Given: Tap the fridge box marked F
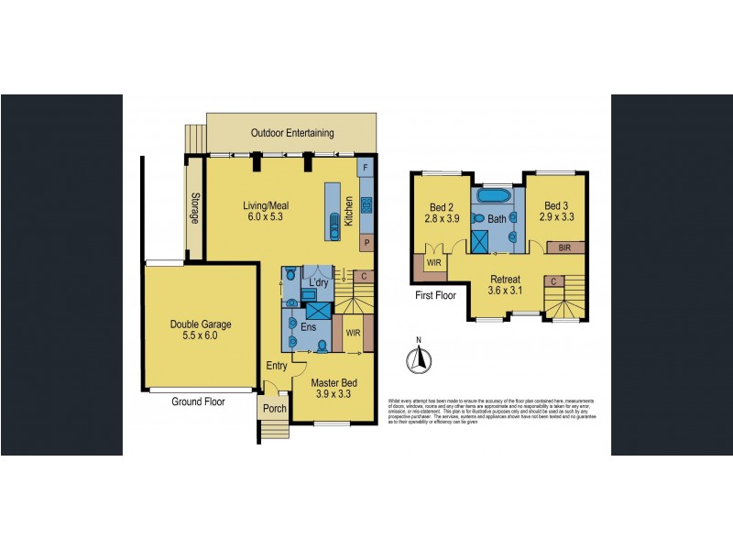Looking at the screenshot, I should point(366,169).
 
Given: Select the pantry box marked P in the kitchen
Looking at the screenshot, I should point(366,244).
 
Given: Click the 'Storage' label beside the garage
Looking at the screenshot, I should point(194,208).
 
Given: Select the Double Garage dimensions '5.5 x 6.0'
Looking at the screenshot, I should point(200,336).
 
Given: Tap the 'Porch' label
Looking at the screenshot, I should point(274,409).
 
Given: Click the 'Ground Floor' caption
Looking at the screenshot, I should point(200,401).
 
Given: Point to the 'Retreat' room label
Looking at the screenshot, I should point(505,280).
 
